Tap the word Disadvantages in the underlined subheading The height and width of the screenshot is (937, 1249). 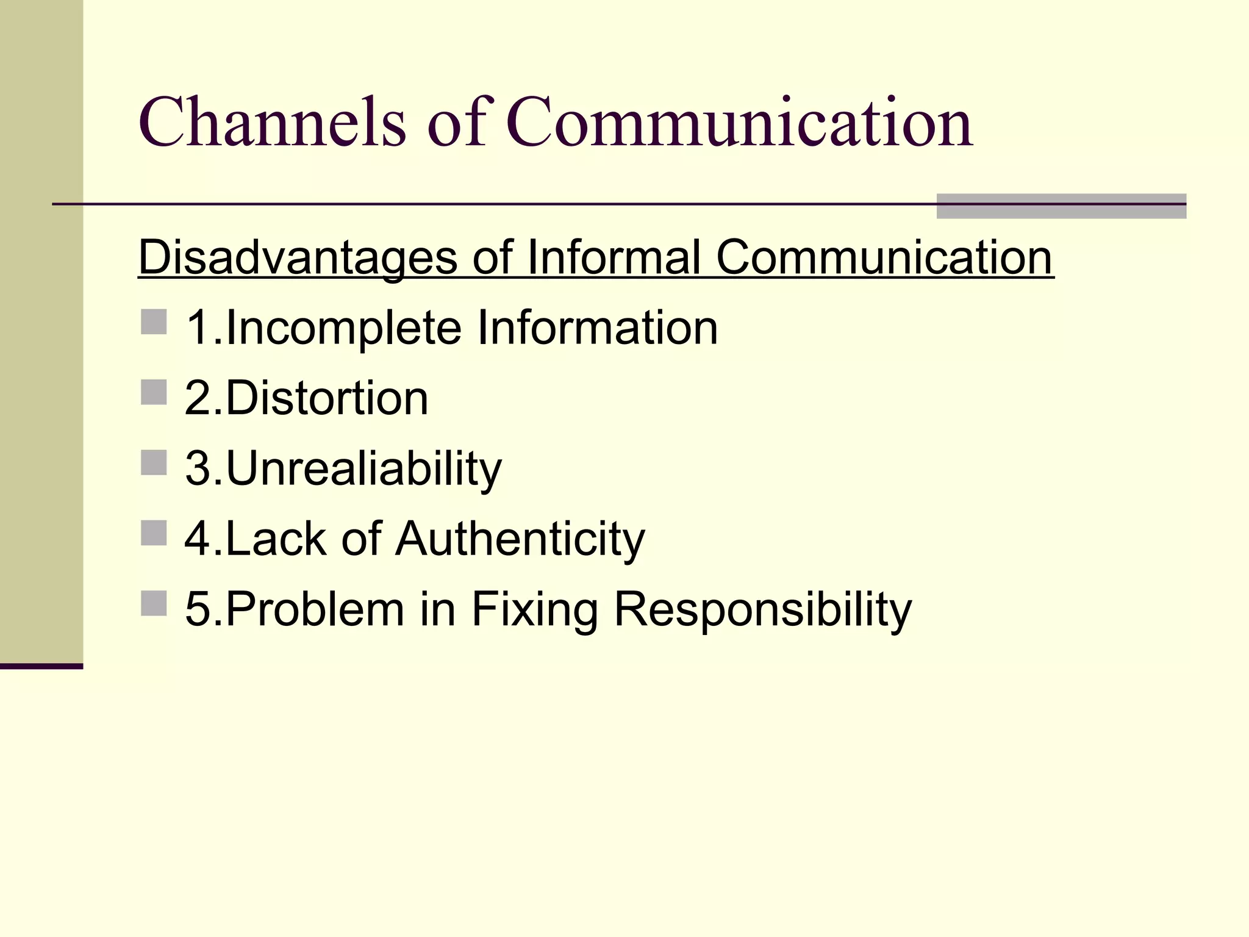click(x=298, y=257)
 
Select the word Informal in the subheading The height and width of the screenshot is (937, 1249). click(x=614, y=257)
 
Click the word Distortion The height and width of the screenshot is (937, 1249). click(x=327, y=398)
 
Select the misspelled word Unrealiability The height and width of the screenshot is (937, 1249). click(x=363, y=469)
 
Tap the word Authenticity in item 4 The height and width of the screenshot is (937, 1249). click(x=520, y=539)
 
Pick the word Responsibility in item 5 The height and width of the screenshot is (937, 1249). click(x=762, y=609)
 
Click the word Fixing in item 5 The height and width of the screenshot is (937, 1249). click(x=534, y=609)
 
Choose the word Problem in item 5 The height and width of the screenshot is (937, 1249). click(x=315, y=609)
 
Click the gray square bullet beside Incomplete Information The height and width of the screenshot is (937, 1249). click(x=154, y=322)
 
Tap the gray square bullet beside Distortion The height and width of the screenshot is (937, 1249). click(x=154, y=392)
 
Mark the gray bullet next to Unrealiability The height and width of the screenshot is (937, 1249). click(x=154, y=462)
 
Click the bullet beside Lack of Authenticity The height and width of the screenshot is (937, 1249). click(x=154, y=533)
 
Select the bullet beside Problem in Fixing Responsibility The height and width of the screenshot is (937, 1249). click(x=154, y=603)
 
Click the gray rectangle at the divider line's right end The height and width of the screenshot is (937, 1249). click(x=1061, y=206)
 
